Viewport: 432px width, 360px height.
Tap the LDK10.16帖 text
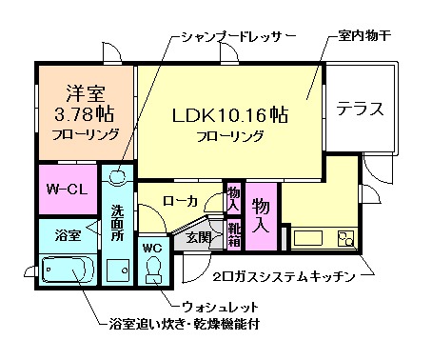230,114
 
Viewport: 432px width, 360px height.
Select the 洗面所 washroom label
116,222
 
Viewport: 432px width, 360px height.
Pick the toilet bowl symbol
154,274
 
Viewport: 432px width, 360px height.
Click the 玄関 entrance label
198,237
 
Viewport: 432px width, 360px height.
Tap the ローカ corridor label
180,201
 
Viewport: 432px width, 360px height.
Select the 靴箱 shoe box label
234,231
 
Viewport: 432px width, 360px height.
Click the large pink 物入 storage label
262,214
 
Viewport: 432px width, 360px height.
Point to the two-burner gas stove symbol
344,238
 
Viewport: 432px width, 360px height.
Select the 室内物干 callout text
365,37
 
